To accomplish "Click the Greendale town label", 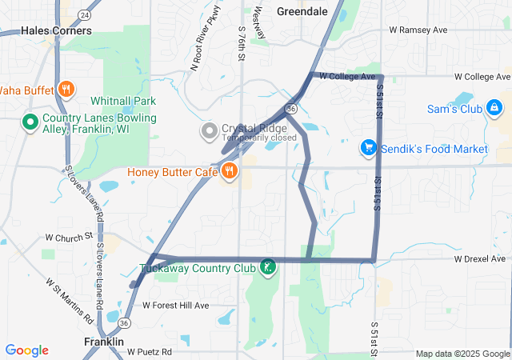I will tap(302, 11).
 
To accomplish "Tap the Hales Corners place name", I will tap(56, 30).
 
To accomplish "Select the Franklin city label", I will tap(104, 342).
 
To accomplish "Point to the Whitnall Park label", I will tap(123, 101).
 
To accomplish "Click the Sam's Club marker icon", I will tap(494, 106).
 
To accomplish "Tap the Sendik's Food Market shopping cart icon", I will tap(369, 148).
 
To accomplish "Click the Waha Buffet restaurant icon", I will tap(67, 90).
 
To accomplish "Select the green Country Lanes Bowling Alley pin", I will tap(30, 122).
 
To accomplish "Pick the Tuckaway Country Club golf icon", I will tap(268, 266).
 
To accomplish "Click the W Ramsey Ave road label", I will tap(418, 30).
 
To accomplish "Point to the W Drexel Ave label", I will tap(479, 259).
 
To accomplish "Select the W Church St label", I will tap(70, 238).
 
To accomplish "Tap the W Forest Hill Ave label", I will tap(175, 305).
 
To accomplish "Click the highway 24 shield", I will tap(85, 14).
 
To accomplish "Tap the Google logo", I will tap(26, 350).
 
